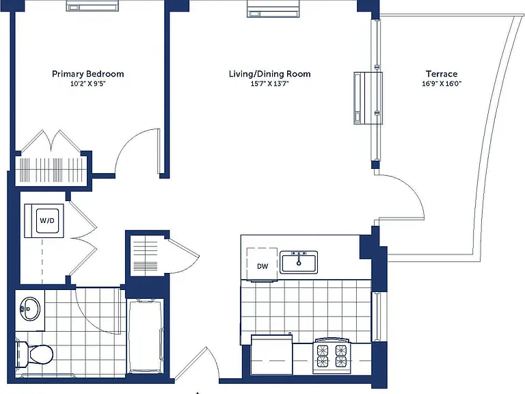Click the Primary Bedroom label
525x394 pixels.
[x=87, y=74]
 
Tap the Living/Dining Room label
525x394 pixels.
[x=269, y=74]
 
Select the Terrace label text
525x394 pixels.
[x=442, y=74]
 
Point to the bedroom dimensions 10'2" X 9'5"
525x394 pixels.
[x=87, y=83]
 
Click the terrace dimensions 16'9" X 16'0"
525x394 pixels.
[x=442, y=83]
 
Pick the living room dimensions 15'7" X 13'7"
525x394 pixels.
[x=269, y=83]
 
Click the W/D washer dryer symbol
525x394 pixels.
[x=47, y=220]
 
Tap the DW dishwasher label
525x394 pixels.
[x=262, y=266]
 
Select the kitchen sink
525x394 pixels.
[x=299, y=263]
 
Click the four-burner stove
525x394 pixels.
[x=332, y=356]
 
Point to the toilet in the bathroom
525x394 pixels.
[x=34, y=354]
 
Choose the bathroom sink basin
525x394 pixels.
[x=30, y=308]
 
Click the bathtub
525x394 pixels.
[x=146, y=336]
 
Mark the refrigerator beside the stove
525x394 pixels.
[x=272, y=354]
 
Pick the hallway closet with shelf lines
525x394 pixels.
[x=146, y=254]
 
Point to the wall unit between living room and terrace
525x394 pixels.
[x=368, y=98]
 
